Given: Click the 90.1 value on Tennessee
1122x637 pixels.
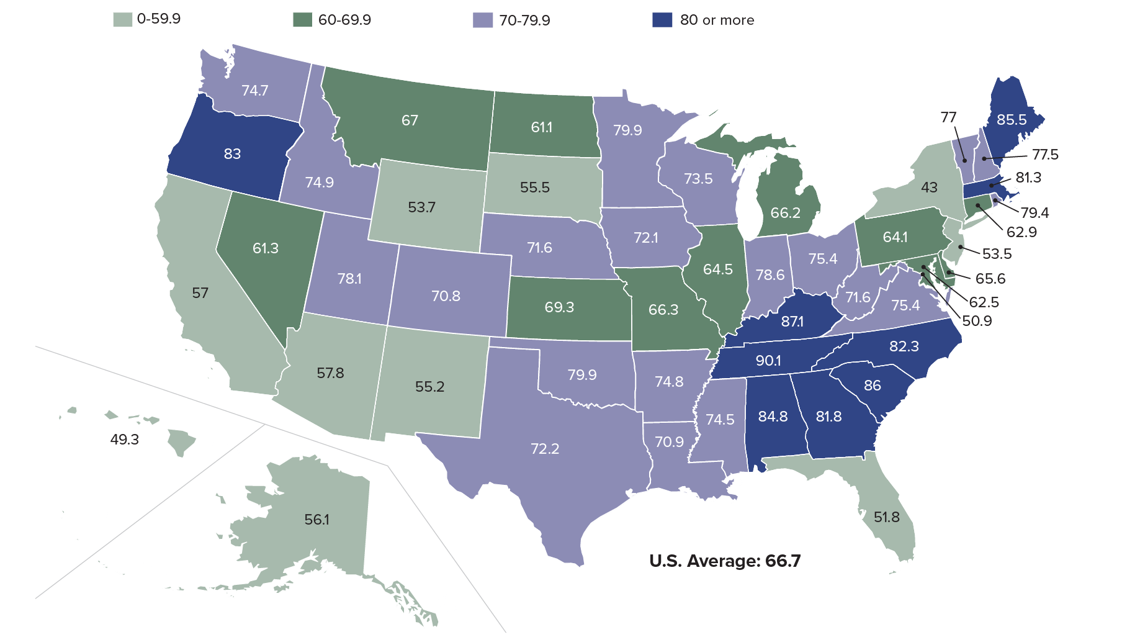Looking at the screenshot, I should (x=768, y=361).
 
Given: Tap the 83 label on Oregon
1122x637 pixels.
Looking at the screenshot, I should (x=232, y=153).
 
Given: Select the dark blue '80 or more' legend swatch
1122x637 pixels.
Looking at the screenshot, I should (x=662, y=20).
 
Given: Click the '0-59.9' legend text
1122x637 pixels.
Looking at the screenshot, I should (x=159, y=19).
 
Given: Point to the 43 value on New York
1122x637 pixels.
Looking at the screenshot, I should (x=929, y=187).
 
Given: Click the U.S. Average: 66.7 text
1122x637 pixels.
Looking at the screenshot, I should (x=725, y=561).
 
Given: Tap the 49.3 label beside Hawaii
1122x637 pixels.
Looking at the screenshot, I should (x=124, y=440).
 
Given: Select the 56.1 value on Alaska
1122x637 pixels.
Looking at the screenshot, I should (x=316, y=519).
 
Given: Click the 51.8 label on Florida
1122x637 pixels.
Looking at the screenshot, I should (x=886, y=517).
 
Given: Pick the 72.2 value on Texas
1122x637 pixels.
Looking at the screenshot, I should (x=545, y=448).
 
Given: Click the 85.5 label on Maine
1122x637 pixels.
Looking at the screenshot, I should (x=1012, y=119).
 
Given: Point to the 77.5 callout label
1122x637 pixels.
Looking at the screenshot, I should (x=1045, y=155).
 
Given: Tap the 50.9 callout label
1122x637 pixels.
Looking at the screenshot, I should (x=977, y=321).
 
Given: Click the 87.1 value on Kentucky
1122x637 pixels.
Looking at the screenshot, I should (x=792, y=322).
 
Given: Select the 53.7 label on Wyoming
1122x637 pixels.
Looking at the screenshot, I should (x=421, y=207).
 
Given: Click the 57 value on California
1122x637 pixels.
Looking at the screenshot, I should (x=200, y=292).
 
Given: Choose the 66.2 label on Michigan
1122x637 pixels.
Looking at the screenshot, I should (x=785, y=213).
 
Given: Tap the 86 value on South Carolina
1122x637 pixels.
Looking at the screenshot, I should (x=872, y=385).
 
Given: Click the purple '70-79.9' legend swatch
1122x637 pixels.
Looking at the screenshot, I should (x=482, y=20).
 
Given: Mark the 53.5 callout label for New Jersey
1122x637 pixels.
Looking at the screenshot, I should (x=997, y=253).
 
